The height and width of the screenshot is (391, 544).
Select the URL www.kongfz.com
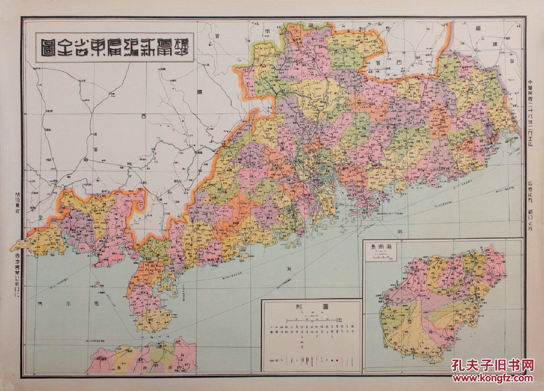(x=493, y=378)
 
